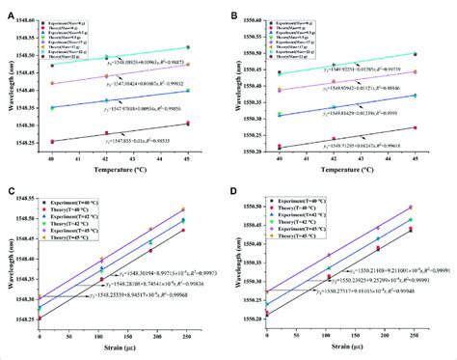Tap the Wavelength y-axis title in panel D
[241, 265]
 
